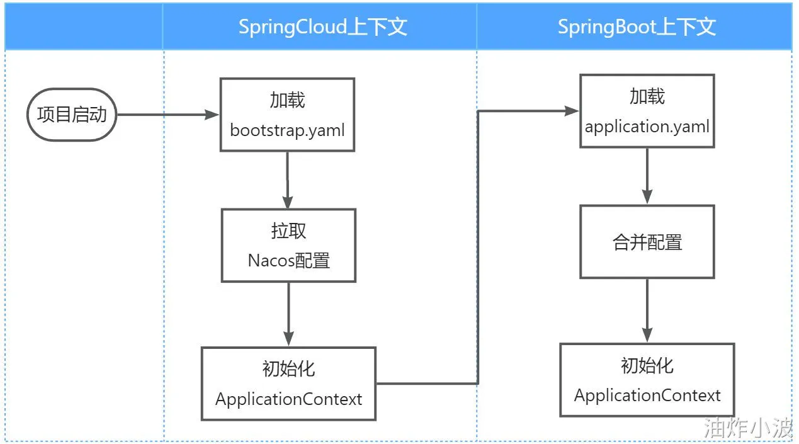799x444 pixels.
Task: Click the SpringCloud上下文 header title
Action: click(322, 27)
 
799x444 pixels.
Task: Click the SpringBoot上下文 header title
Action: click(637, 27)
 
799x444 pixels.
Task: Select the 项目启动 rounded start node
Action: click(72, 115)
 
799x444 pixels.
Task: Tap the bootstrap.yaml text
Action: click(287, 130)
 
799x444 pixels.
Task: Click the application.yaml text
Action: click(647, 127)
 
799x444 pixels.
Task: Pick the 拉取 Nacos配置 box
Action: click(288, 245)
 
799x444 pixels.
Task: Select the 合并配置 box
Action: click(647, 242)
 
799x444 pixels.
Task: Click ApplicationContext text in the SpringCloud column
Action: click(288, 399)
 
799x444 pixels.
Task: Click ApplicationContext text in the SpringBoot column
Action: click(647, 396)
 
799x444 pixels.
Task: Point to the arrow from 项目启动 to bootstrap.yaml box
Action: click(167, 115)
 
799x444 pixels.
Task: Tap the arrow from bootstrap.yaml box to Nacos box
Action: click(288, 180)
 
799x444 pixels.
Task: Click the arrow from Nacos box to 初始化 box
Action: click(288, 314)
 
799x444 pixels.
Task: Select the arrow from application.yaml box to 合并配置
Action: click(647, 176)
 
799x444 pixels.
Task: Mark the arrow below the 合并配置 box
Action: click(647, 310)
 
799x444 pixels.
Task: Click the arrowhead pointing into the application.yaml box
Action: click(572, 111)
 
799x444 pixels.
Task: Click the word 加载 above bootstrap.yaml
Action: click(287, 100)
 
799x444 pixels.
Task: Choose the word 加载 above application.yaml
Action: click(647, 96)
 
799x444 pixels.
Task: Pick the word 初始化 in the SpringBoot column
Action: click(647, 366)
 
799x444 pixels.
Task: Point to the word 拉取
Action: click(288, 231)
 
